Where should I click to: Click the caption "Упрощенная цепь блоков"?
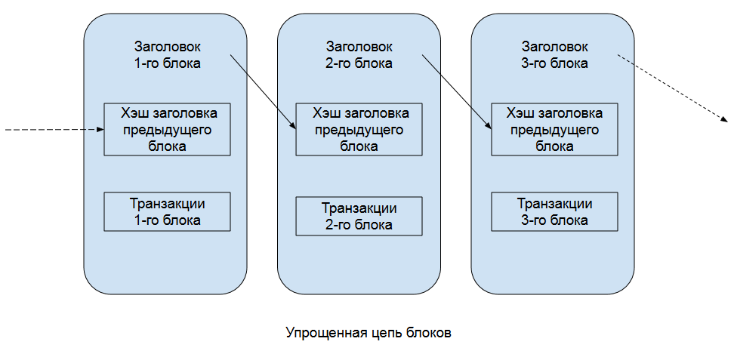pos(369,333)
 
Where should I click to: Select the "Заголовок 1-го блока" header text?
pos(167,55)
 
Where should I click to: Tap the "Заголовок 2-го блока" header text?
pos(359,55)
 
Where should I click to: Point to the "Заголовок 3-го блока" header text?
pos(554,55)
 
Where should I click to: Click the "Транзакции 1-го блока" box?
pos(167,212)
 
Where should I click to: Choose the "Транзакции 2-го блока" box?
pos(359,216)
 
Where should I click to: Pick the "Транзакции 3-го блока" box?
pos(554,212)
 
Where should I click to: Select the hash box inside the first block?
pos(167,129)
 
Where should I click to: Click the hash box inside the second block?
pos(359,129)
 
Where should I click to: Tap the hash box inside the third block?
pos(554,129)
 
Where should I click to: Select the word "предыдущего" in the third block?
pos(554,130)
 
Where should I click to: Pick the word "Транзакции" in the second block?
pos(359,208)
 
